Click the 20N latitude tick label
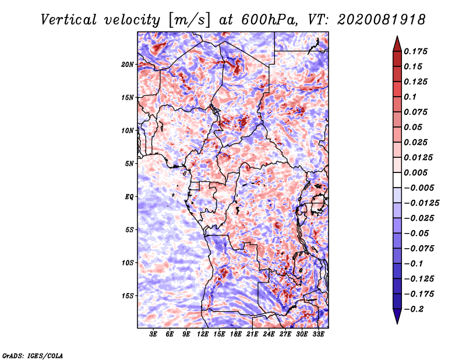(x=128, y=65)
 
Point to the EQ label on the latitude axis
(x=129, y=197)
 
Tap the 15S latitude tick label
(x=128, y=296)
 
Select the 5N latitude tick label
(x=129, y=164)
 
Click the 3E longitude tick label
(x=153, y=334)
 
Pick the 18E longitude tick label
(x=236, y=334)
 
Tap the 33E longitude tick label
(x=318, y=334)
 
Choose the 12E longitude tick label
(x=203, y=334)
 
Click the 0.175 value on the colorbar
(x=415, y=51)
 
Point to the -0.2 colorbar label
(x=414, y=309)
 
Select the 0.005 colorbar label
(x=415, y=172)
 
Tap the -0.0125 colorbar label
(x=421, y=203)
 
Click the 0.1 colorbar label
(x=410, y=97)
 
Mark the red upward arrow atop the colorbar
(x=397, y=44)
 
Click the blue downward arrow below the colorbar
(x=397, y=316)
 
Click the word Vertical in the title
(x=69, y=20)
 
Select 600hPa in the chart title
(x=269, y=20)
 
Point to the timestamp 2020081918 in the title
(x=381, y=20)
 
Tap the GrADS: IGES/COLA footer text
(x=33, y=355)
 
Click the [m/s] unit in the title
(x=189, y=20)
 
